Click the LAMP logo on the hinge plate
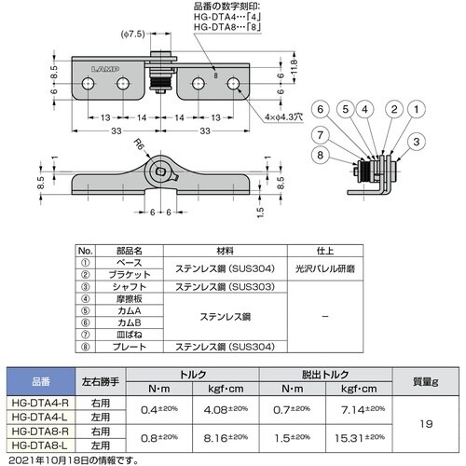pos(105,68)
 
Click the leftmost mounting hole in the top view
pos(89,85)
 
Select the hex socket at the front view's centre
pos(162,173)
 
